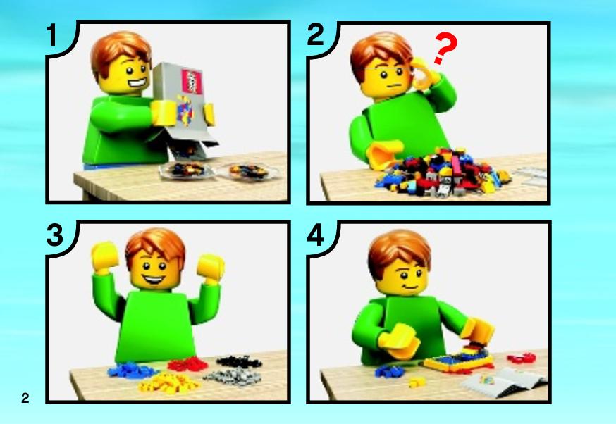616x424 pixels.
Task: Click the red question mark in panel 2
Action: tap(446, 48)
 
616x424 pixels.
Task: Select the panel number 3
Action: tap(54, 235)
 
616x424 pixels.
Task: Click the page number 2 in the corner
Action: tap(25, 398)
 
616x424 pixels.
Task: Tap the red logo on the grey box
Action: tap(192, 81)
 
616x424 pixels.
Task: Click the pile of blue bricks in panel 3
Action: tap(132, 370)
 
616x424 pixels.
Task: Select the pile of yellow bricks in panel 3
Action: tap(168, 382)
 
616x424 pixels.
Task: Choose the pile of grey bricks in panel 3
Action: tap(233, 378)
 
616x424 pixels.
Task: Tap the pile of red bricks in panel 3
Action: tap(187, 364)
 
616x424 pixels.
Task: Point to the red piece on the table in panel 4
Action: tap(522, 358)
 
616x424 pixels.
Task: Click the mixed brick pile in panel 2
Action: tap(442, 172)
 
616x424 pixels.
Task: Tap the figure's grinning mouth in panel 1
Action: tap(135, 84)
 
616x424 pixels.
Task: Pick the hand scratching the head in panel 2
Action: tap(424, 73)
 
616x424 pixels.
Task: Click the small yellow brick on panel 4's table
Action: tap(417, 381)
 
